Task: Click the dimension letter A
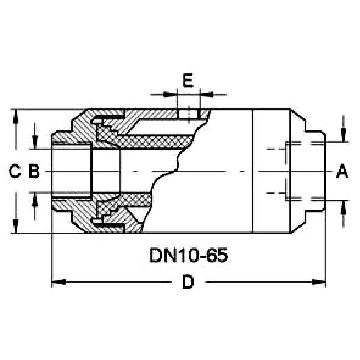pyautogui.click(x=342, y=171)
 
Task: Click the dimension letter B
pyautogui.click(x=34, y=171)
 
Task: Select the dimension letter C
pyautogui.click(x=15, y=171)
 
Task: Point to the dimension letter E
pyautogui.click(x=188, y=80)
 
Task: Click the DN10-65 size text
pyautogui.click(x=188, y=255)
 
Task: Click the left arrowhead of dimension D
pyautogui.click(x=58, y=281)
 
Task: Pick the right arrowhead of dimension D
pyautogui.click(x=319, y=281)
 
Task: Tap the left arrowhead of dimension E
pyautogui.click(x=170, y=94)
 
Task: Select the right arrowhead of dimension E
pyautogui.click(x=206, y=94)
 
